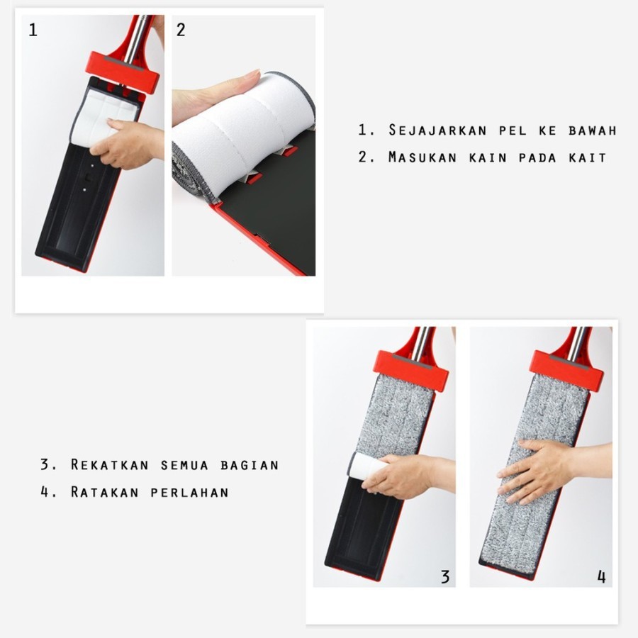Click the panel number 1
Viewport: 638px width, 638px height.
[x=33, y=30]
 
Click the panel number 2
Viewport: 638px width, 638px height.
[x=181, y=30]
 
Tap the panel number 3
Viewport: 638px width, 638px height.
[x=444, y=576]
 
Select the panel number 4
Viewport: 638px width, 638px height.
[x=601, y=576]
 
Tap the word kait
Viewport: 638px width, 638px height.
[x=588, y=157]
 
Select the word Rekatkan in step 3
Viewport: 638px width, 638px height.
[x=110, y=465]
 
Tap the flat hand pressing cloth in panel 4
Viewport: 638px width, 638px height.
[x=535, y=470]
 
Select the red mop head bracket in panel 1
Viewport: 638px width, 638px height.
[x=124, y=68]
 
